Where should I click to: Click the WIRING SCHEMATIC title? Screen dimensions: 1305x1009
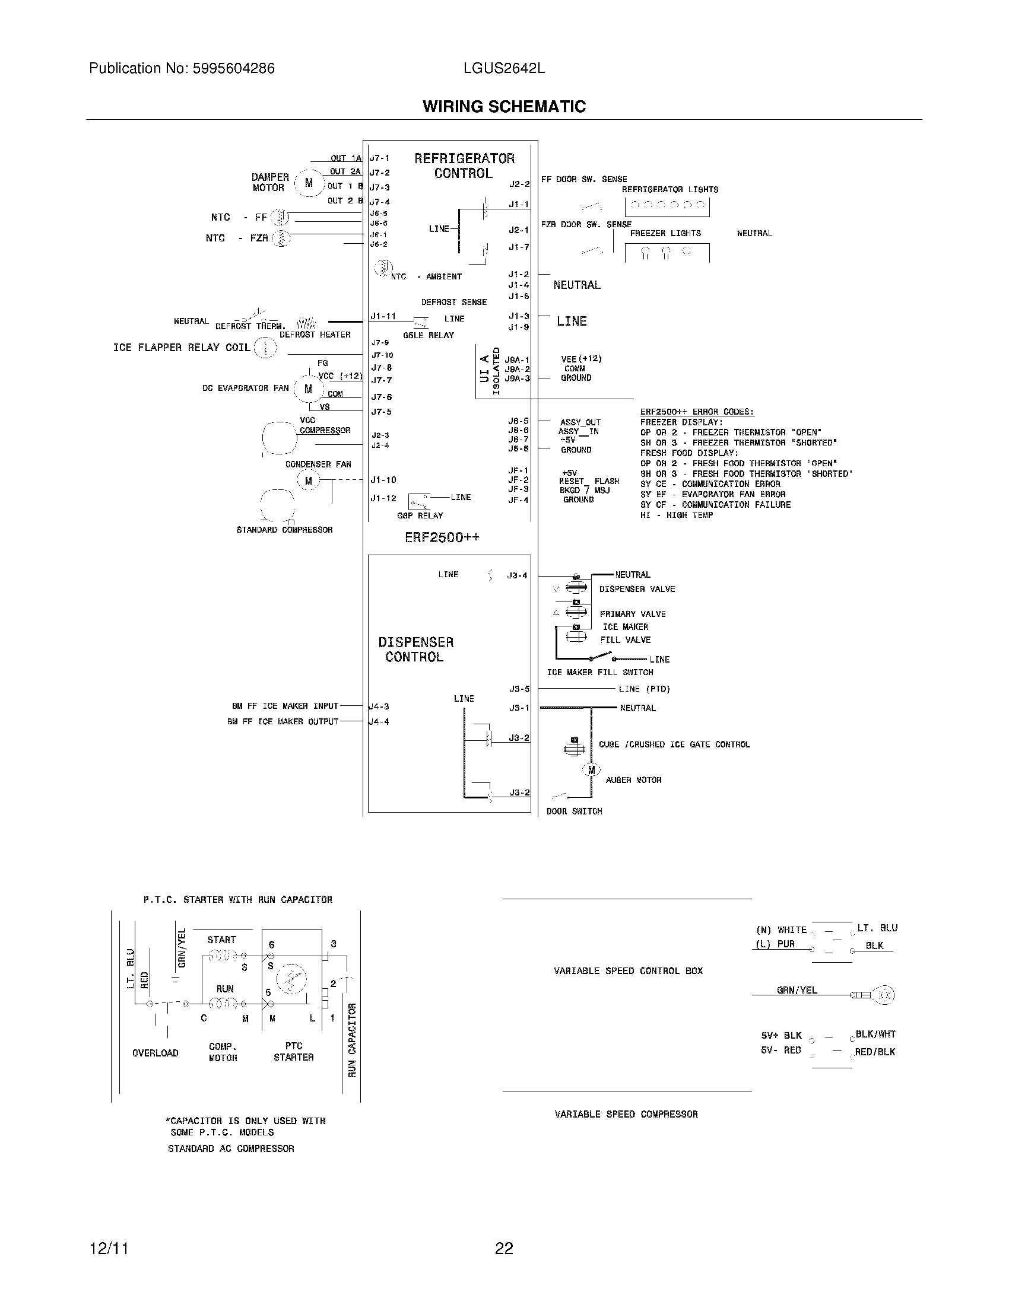504,106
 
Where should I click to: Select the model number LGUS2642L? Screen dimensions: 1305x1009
504,69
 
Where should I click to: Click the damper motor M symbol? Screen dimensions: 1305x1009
309,183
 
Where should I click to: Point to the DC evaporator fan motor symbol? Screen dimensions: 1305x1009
309,389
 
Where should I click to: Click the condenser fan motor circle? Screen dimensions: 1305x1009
309,480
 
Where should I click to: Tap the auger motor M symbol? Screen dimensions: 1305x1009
591,770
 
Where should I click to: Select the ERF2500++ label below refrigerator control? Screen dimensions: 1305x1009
442,537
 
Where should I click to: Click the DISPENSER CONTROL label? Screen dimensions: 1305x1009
415,650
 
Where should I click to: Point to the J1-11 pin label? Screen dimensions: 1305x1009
383,316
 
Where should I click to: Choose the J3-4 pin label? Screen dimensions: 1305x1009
517,576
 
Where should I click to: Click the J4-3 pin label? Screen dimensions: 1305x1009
379,706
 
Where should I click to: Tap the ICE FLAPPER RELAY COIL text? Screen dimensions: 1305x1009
182,348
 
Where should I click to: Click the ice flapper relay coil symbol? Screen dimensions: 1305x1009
265,348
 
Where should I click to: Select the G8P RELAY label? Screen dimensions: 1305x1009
420,515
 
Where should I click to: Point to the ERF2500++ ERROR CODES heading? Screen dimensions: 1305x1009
697,412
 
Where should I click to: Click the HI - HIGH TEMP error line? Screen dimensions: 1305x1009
677,515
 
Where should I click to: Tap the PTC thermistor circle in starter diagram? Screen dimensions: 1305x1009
291,979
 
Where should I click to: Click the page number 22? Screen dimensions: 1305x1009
504,1248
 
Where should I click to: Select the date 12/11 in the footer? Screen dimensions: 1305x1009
109,1248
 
